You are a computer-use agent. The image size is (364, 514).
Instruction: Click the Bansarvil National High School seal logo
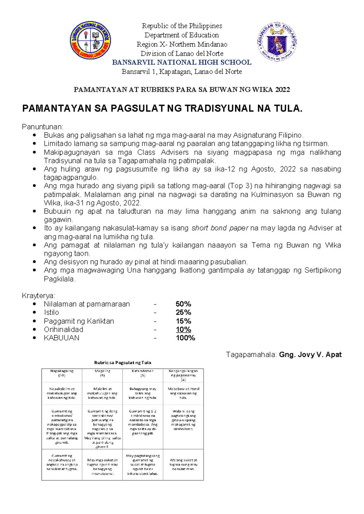pyautogui.click(x=90, y=40)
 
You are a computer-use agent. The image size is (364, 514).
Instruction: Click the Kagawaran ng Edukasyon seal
pyautogui.click(x=277, y=42)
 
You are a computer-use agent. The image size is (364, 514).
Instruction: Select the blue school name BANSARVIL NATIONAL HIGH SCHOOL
pyautogui.click(x=181, y=62)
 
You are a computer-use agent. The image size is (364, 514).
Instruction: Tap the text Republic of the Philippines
pyautogui.click(x=182, y=26)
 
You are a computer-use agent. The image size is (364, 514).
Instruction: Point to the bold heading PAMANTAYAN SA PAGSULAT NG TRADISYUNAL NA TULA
pyautogui.click(x=162, y=108)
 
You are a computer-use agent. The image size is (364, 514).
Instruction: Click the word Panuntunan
pyautogui.click(x=42, y=127)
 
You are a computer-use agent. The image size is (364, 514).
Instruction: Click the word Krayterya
pyautogui.click(x=38, y=295)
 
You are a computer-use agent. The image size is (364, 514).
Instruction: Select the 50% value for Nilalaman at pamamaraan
pyautogui.click(x=183, y=304)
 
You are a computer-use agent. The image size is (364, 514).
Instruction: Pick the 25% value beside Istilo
pyautogui.click(x=183, y=312)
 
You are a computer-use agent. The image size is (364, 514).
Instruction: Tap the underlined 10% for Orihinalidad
pyautogui.click(x=183, y=329)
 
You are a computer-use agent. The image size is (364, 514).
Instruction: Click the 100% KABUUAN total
pyautogui.click(x=185, y=338)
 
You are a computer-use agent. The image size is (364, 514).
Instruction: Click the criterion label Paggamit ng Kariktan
pyautogui.click(x=79, y=321)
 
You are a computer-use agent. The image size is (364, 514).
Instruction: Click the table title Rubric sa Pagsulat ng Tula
pyautogui.click(x=123, y=362)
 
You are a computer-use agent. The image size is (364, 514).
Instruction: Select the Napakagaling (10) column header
pyautogui.click(x=62, y=373)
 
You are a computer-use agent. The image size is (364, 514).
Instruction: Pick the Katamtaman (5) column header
pyautogui.click(x=143, y=373)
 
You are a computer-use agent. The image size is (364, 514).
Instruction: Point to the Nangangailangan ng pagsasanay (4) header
pyautogui.click(x=183, y=375)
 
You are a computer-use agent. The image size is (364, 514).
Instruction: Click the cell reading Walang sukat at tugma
pyautogui.click(x=183, y=464)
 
